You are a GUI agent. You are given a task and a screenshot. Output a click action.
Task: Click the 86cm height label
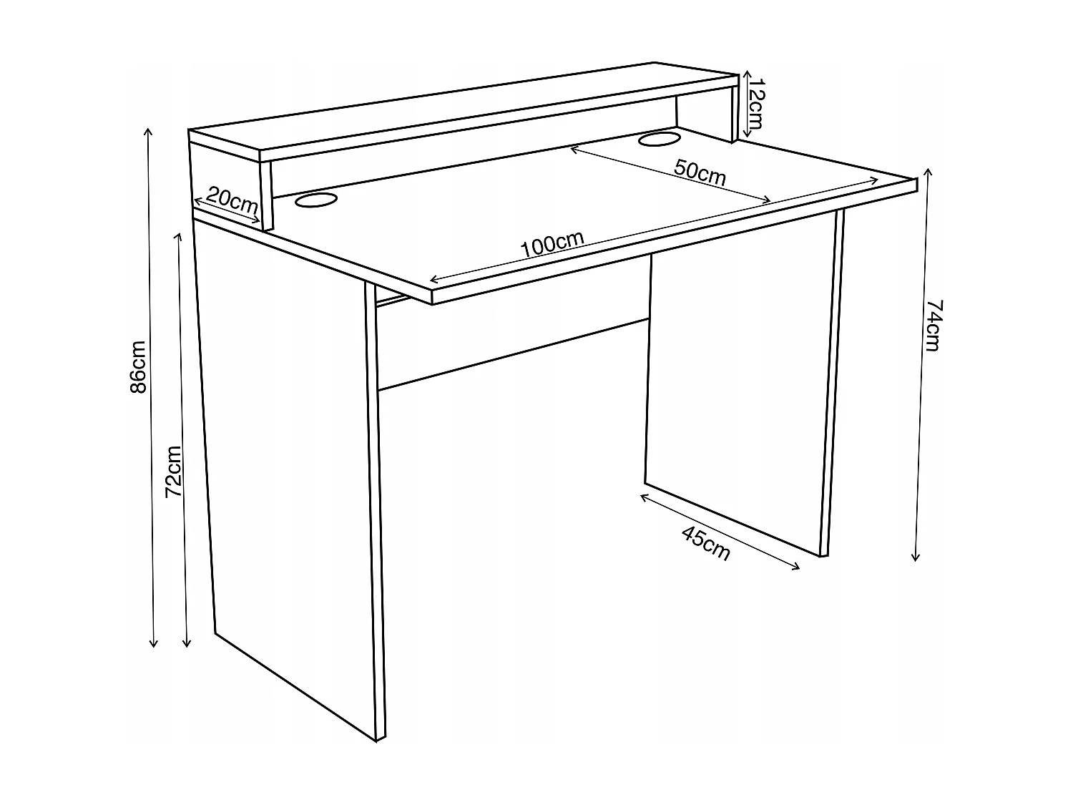138,366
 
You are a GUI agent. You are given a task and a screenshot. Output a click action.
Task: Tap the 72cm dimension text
174,472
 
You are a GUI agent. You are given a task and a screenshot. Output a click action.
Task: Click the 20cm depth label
232,201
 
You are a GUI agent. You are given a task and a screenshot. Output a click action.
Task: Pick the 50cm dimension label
700,173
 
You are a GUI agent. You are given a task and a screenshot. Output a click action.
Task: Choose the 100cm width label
553,245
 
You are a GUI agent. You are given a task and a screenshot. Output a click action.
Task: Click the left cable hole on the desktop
315,202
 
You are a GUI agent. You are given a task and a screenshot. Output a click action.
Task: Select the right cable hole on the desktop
660,138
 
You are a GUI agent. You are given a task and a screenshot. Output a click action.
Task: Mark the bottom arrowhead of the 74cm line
916,560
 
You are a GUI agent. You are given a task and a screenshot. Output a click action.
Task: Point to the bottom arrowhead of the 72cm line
187,646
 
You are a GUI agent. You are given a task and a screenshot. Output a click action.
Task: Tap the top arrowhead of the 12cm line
747,72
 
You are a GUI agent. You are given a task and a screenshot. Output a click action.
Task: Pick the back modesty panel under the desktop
511,329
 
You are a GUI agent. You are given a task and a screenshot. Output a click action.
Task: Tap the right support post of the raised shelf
733,114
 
